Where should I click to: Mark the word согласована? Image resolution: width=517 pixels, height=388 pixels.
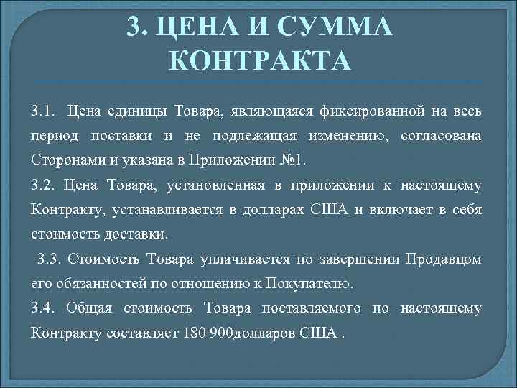[439, 136]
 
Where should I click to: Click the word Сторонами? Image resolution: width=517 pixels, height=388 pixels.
[63, 160]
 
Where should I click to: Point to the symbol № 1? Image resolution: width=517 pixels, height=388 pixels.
[291, 160]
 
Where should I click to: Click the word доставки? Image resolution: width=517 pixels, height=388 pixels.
[134, 235]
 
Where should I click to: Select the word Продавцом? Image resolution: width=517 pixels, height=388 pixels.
[443, 259]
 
